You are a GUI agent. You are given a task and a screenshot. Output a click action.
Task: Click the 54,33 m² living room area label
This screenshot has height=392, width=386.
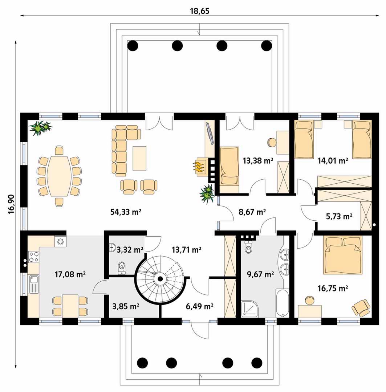(x=126, y=212)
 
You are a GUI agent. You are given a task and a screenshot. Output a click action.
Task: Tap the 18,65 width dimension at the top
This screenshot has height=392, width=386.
(x=200, y=11)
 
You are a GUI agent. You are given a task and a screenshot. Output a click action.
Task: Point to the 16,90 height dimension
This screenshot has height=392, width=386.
(x=11, y=204)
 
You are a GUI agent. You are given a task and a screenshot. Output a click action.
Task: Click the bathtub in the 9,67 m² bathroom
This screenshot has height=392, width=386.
(x=283, y=303)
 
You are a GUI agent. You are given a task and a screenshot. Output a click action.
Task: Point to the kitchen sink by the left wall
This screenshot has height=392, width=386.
(x=33, y=284)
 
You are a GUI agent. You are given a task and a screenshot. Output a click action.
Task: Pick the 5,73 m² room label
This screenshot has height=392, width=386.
(x=339, y=216)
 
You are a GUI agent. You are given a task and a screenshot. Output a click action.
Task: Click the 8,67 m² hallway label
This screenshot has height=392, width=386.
(x=252, y=212)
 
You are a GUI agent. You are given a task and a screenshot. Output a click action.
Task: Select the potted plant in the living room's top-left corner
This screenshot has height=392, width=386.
(x=40, y=128)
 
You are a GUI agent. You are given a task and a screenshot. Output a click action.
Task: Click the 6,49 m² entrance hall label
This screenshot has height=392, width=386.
(x=199, y=306)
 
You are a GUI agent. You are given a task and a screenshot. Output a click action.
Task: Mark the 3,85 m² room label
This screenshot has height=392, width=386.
(x=126, y=306)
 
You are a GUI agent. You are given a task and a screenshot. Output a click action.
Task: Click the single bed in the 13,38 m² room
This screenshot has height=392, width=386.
(x=229, y=166)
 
